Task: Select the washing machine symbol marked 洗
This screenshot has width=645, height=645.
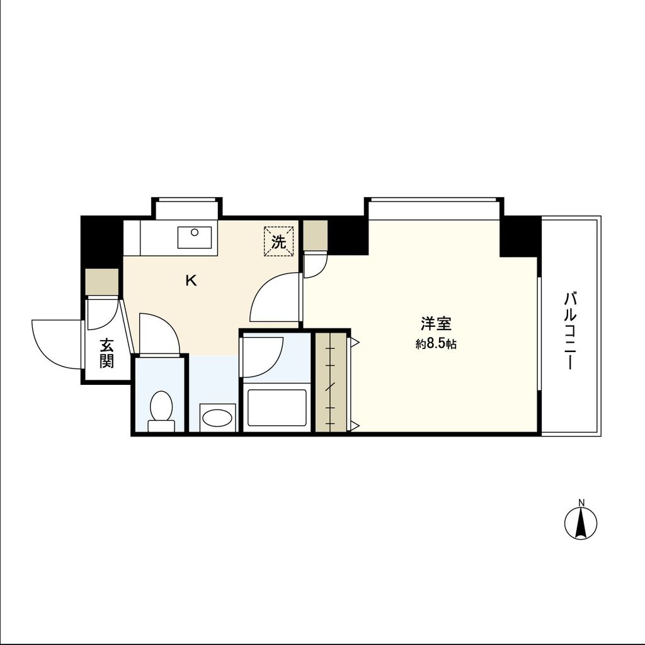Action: [x=278, y=241]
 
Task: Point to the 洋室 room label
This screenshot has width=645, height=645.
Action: [x=436, y=324]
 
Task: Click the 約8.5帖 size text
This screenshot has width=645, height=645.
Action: [x=436, y=345]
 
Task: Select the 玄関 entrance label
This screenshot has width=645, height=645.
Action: [x=106, y=353]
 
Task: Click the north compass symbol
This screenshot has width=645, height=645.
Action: [x=581, y=523]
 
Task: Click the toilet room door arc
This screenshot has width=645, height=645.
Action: [x=159, y=334]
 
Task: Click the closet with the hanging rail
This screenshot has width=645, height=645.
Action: [x=331, y=382]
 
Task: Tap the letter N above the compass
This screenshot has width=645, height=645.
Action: [x=581, y=503]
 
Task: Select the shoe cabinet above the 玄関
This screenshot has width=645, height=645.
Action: [x=102, y=282]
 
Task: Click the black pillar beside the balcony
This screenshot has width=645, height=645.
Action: [x=520, y=236]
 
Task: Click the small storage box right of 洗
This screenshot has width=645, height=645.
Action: [x=315, y=236]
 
